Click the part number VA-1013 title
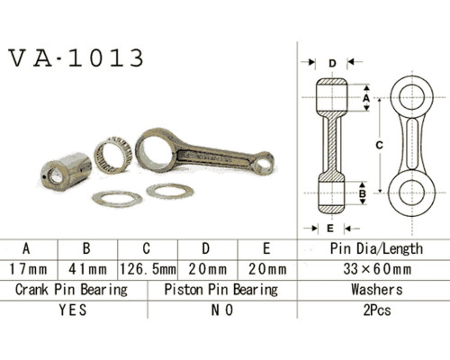76,58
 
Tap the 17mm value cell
29,269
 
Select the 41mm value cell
87,269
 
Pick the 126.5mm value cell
148,269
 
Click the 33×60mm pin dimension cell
377,269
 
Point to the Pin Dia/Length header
376,248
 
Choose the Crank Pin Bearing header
71,290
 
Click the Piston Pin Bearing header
221,290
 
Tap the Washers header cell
377,290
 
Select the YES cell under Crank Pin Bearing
73,310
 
